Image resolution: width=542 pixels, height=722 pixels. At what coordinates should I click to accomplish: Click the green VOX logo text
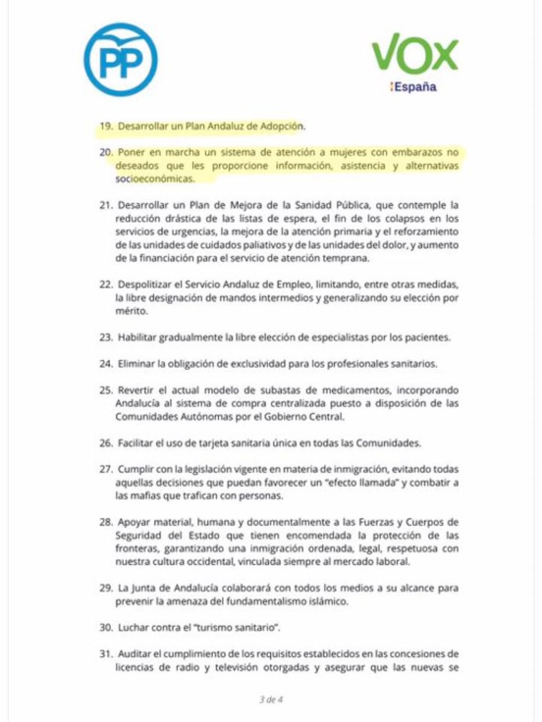[415, 55]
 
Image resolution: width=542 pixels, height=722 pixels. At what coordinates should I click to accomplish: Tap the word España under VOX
[415, 87]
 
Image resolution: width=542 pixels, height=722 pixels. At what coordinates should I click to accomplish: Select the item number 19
[106, 127]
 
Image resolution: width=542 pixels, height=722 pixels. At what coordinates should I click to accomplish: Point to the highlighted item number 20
[106, 154]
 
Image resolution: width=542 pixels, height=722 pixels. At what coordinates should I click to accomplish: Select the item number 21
[106, 206]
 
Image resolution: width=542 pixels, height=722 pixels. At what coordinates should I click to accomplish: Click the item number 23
[106, 337]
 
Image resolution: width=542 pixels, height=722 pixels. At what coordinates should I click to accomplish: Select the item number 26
[106, 441]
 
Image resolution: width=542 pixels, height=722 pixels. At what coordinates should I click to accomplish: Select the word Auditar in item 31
[141, 652]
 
